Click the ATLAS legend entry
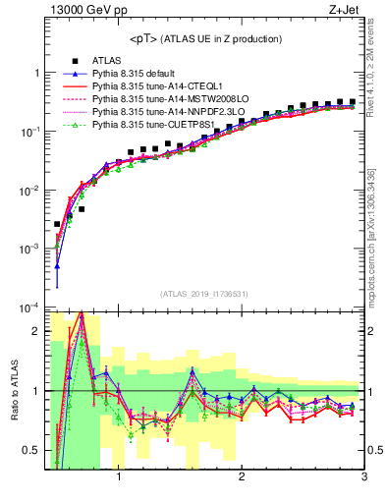(x=107, y=61)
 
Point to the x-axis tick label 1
(x=119, y=478)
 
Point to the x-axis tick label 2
(x=242, y=478)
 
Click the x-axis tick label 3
(x=363, y=478)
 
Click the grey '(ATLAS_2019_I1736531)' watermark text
(x=204, y=294)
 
